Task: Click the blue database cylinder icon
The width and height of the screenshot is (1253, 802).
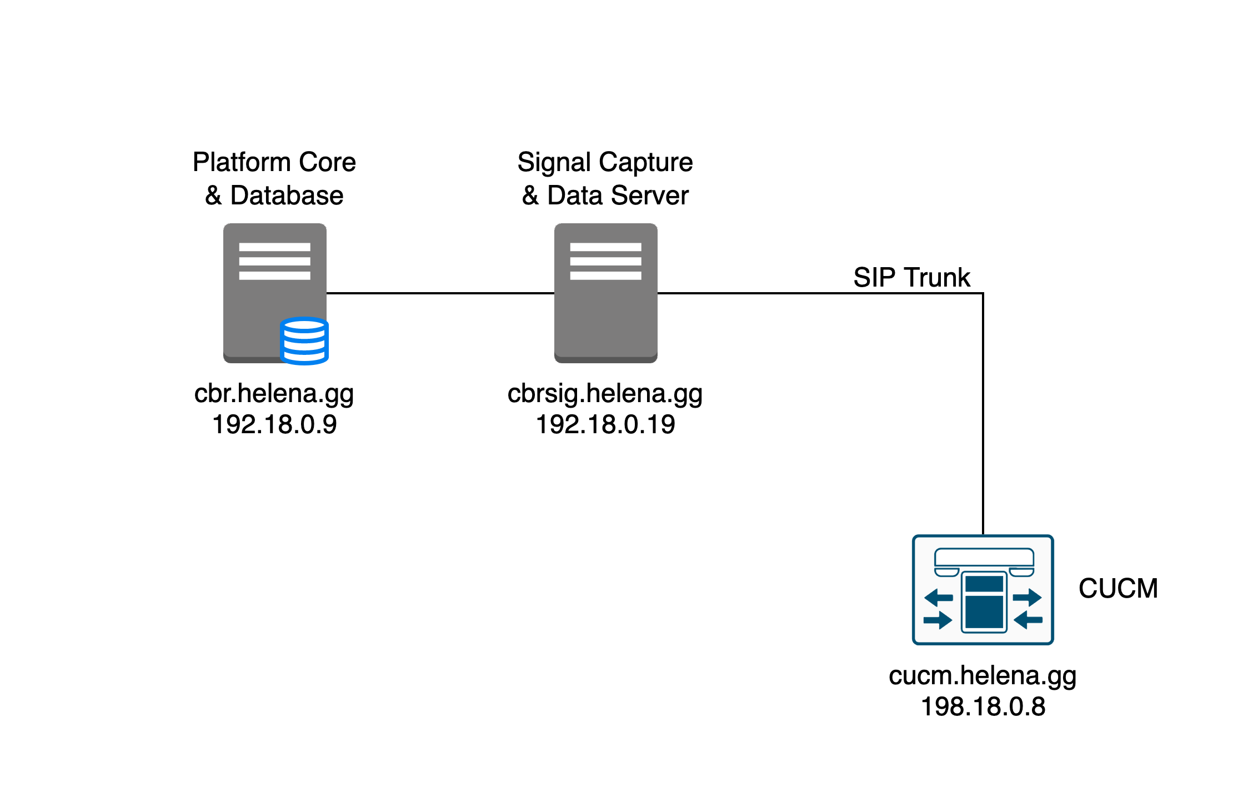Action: [304, 340]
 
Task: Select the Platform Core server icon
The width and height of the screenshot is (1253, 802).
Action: [274, 293]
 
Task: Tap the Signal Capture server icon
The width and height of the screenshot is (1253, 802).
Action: [605, 293]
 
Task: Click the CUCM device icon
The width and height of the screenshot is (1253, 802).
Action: [983, 590]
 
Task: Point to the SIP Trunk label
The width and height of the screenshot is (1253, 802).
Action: [911, 277]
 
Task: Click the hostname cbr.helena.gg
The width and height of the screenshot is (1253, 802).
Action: [274, 393]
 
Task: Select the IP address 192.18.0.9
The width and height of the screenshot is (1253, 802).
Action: [274, 425]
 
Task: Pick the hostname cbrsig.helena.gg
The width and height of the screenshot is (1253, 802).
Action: [605, 393]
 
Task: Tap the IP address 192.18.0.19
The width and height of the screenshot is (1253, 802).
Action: [605, 425]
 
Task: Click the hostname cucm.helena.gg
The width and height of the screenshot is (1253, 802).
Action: [983, 675]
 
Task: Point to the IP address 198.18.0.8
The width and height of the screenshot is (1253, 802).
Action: [983, 707]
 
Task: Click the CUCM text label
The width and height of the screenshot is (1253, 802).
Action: [1118, 589]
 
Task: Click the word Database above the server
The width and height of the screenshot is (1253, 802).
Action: [287, 196]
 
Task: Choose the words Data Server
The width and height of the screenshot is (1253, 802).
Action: [618, 196]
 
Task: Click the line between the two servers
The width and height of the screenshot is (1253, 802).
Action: [440, 293]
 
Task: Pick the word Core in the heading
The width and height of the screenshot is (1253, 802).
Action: [327, 162]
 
